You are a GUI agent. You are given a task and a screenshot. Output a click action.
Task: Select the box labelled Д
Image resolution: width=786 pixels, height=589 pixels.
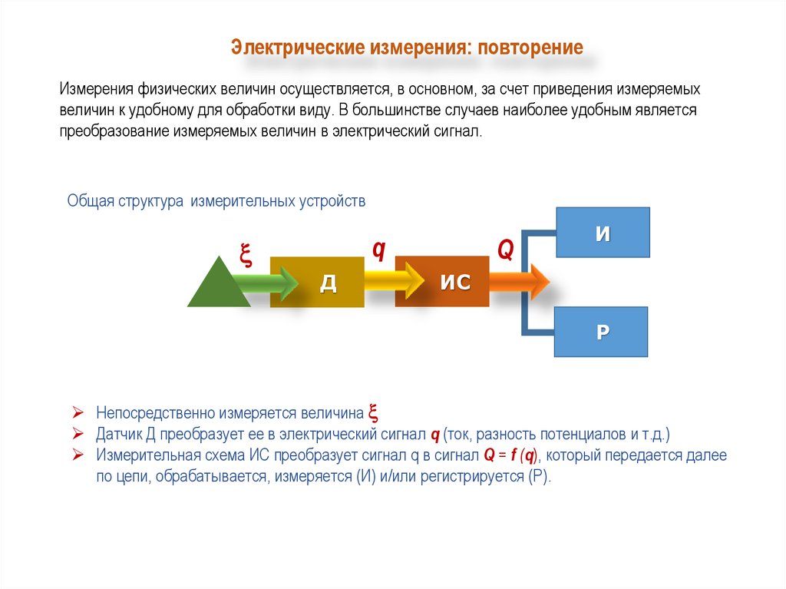tap(327, 283)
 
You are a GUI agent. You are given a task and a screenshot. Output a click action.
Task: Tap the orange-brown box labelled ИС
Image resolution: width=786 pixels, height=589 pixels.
tap(454, 282)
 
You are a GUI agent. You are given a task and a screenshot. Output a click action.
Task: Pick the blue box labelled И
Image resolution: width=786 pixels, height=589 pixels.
tap(603, 233)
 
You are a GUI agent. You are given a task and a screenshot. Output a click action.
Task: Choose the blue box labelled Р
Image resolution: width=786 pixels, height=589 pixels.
tap(603, 332)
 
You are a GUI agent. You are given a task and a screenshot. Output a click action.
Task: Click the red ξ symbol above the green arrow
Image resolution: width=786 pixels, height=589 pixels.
tap(246, 254)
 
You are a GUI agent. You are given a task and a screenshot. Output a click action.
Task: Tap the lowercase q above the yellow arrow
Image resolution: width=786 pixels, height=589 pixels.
tap(378, 250)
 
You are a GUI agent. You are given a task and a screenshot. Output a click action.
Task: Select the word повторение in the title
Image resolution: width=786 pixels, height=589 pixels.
tap(530, 48)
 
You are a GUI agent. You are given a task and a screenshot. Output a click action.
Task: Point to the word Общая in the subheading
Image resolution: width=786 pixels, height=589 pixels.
tap(91, 201)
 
